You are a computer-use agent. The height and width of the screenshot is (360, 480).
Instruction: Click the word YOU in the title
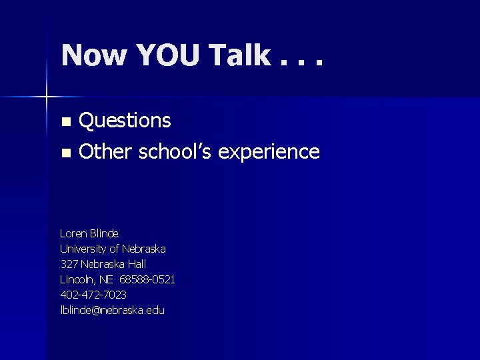[170, 55]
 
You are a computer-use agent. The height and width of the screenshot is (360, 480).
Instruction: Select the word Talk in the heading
[239, 55]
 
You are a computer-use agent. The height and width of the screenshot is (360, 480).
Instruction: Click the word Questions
[125, 121]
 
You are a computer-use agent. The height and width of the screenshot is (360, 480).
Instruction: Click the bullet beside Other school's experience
[65, 153]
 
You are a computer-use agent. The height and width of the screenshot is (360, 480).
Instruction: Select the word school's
[175, 152]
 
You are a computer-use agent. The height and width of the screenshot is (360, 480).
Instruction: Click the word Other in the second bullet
[106, 152]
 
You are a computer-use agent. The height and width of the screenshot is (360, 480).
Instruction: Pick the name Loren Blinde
[89, 233]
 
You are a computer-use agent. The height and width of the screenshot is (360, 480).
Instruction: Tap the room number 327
[69, 264]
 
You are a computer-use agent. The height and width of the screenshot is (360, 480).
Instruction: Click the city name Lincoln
[77, 279]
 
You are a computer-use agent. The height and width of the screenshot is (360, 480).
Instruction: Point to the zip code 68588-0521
[147, 279]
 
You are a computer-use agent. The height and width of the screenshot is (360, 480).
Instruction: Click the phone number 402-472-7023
[93, 295]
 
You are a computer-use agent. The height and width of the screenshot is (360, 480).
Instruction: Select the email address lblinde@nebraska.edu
[112, 310]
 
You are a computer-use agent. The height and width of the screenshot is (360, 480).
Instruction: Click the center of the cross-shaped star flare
[46, 97]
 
